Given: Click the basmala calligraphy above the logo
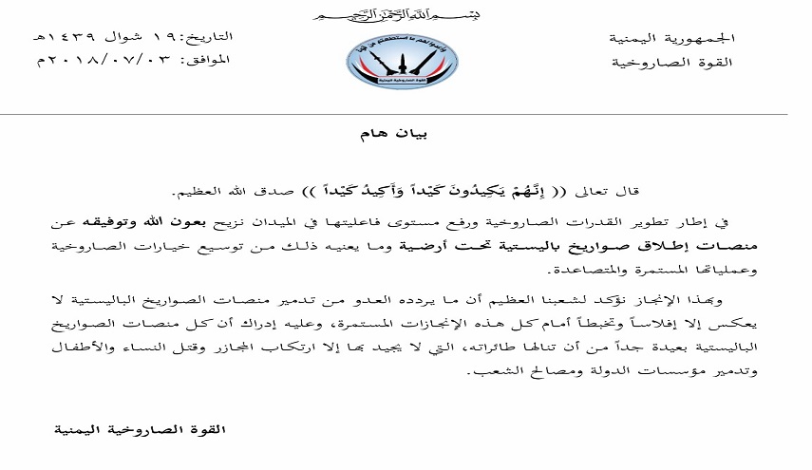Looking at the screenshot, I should [406, 17].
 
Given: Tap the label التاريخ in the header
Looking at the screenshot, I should [209, 37].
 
